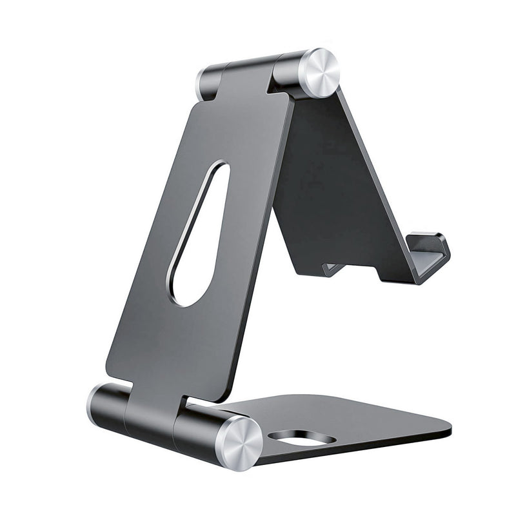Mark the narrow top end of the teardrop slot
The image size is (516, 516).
219,171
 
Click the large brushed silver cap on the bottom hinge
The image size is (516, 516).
239,442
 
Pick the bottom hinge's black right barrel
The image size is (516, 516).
197,429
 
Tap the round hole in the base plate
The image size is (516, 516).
302,439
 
